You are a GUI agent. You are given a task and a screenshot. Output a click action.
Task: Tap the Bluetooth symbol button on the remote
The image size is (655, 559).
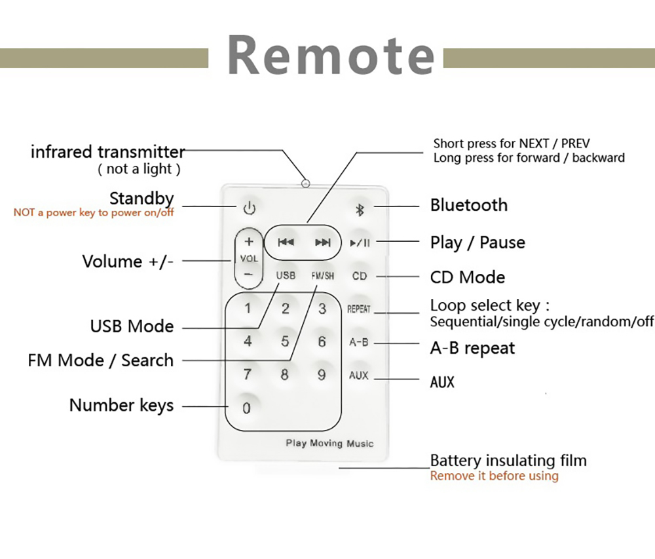click(359, 209)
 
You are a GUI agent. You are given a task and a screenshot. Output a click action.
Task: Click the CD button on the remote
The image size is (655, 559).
click(360, 276)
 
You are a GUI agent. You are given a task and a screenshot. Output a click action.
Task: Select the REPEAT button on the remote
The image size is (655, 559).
click(359, 309)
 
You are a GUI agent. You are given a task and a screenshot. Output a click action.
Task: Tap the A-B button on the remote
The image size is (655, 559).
click(359, 342)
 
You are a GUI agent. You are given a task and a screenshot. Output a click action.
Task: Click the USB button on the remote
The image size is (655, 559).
click(286, 276)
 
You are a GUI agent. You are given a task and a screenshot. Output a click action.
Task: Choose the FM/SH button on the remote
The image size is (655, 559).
click(322, 276)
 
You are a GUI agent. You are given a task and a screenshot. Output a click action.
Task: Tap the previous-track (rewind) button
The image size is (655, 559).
click(286, 242)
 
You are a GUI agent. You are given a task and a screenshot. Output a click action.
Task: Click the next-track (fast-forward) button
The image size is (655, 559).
click(323, 242)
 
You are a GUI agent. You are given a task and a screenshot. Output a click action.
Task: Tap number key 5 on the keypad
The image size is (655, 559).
click(285, 341)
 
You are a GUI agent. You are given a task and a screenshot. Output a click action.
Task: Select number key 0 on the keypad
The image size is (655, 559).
click(247, 408)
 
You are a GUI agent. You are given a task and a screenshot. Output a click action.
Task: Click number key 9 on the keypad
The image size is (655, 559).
click(322, 375)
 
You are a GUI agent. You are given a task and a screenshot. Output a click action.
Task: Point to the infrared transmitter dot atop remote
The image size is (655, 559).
click(305, 183)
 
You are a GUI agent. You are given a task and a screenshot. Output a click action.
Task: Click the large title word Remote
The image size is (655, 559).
click(331, 55)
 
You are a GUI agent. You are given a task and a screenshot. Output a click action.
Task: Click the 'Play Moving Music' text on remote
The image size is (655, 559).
click(329, 444)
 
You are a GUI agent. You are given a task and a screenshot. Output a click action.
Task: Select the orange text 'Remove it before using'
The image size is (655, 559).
click(494, 476)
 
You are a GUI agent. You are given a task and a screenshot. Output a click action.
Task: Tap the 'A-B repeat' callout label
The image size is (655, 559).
click(472, 348)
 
